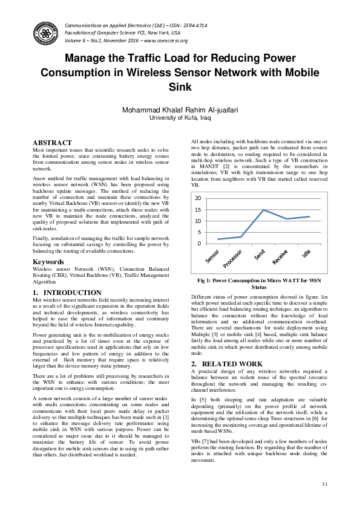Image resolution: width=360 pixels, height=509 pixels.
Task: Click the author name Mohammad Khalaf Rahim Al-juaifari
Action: (x=180, y=111)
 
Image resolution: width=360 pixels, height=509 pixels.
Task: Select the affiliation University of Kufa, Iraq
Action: (x=180, y=119)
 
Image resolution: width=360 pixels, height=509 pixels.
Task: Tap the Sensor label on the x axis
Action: (x=213, y=256)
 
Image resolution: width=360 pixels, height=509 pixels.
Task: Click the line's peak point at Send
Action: (x=263, y=210)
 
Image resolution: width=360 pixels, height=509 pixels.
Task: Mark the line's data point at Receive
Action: (x=286, y=219)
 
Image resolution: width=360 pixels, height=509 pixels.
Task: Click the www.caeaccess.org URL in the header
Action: (x=166, y=41)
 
